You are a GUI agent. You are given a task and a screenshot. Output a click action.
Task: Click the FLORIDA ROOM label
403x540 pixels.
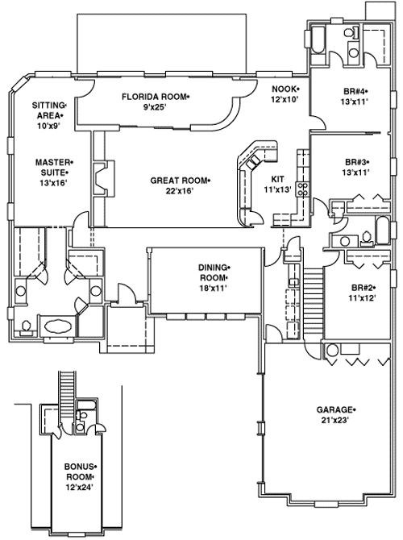[x=156, y=96]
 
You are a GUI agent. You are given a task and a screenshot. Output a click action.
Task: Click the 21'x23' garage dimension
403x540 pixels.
[x=336, y=421]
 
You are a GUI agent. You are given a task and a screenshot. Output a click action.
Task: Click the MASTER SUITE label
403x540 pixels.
[x=49, y=167]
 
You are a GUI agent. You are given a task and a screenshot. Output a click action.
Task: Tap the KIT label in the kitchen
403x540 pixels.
[x=278, y=180]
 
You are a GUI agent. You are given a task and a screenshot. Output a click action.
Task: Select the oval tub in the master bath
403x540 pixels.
[x=55, y=327]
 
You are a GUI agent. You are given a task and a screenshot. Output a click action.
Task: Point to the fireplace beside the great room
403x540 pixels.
[x=99, y=179]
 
